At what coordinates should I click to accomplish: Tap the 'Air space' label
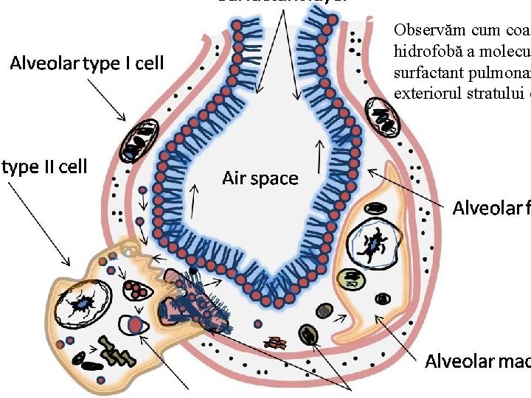pyautogui.click(x=260, y=178)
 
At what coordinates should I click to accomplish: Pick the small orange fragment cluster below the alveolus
pyautogui.click(x=277, y=343)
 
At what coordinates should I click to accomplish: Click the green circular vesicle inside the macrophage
pyautogui.click(x=348, y=279)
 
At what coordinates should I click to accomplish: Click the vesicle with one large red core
pyautogui.click(x=134, y=324)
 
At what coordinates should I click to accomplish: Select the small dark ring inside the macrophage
pyautogui.click(x=383, y=298)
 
